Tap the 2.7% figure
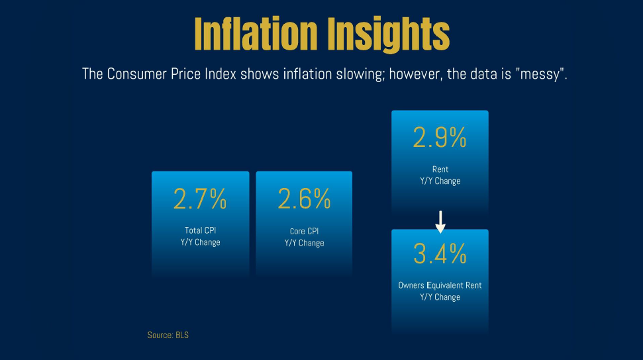pyautogui.click(x=200, y=199)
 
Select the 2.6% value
pyautogui.click(x=304, y=199)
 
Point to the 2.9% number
pyautogui.click(x=440, y=138)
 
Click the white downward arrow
pyautogui.click(x=440, y=222)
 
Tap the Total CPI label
pyautogui.click(x=200, y=231)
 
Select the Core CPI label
pyautogui.click(x=304, y=232)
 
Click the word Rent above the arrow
pyautogui.click(x=440, y=169)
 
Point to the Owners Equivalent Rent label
pyautogui.click(x=440, y=285)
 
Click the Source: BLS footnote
pyautogui.click(x=168, y=336)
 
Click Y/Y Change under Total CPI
pyautogui.click(x=200, y=242)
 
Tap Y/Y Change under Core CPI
pyautogui.click(x=304, y=243)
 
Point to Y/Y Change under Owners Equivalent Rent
pyautogui.click(x=440, y=297)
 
